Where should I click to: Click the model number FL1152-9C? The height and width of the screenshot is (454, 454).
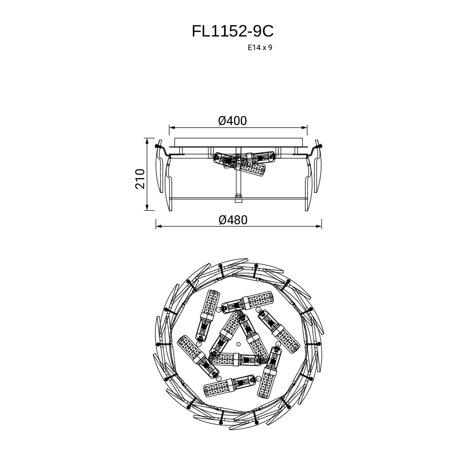point(233,31)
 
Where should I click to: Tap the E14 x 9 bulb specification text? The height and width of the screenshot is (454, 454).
point(260,48)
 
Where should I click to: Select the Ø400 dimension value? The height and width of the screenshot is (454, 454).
point(233,121)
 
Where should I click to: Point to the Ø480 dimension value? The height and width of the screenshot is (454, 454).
point(233,220)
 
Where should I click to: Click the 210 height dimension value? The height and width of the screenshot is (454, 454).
point(140,179)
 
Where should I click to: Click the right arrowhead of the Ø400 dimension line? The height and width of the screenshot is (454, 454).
point(304,127)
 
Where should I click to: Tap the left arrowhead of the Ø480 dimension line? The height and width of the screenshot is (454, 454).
point(160,226)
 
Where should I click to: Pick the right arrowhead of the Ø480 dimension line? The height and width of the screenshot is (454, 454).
point(318,226)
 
